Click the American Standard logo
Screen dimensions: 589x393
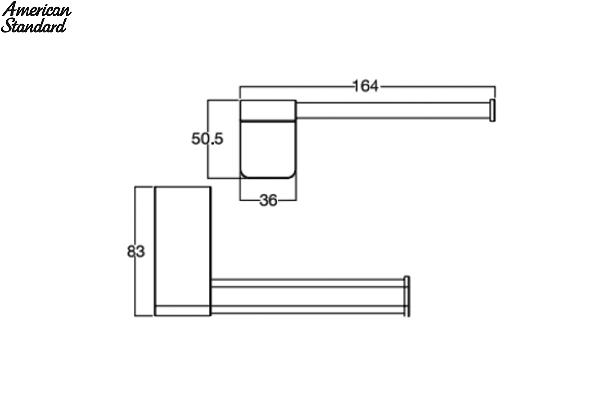(x=36, y=17)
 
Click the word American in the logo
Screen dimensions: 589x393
(x=36, y=10)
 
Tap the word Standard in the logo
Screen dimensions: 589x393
(x=34, y=26)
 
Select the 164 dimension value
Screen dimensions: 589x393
(x=366, y=86)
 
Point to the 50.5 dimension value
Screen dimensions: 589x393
(x=208, y=139)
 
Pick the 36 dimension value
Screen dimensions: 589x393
(x=268, y=200)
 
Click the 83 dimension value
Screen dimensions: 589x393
(x=135, y=252)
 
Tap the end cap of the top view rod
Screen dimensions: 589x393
(x=492, y=111)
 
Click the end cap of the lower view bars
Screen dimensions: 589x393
(x=407, y=296)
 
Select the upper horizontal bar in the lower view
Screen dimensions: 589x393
(x=307, y=283)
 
